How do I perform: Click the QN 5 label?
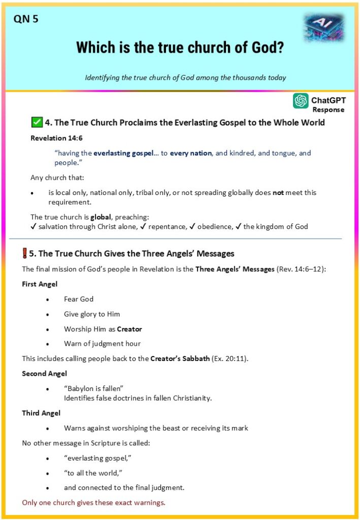pyautogui.click(x=26, y=19)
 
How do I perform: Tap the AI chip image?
pyautogui.click(x=323, y=28)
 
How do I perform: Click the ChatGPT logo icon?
pyautogui.click(x=301, y=101)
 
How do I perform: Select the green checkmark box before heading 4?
pyautogui.click(x=37, y=122)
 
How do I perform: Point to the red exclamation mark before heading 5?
pyautogui.click(x=25, y=253)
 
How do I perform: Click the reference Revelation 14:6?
pyautogui.click(x=52, y=138)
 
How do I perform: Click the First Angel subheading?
pyautogui.click(x=40, y=284)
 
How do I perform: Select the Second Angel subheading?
pyautogui.click(x=44, y=373)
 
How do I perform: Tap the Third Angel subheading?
pyautogui.click(x=41, y=413)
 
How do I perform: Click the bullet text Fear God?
pyautogui.click(x=79, y=299)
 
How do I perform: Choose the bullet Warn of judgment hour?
pyautogui.click(x=102, y=344)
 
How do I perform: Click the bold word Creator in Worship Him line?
pyautogui.click(x=129, y=329)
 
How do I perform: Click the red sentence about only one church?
pyautogui.click(x=93, y=503)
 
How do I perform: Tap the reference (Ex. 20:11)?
pyautogui.click(x=234, y=359)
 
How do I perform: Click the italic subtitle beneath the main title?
pyautogui.click(x=185, y=78)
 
